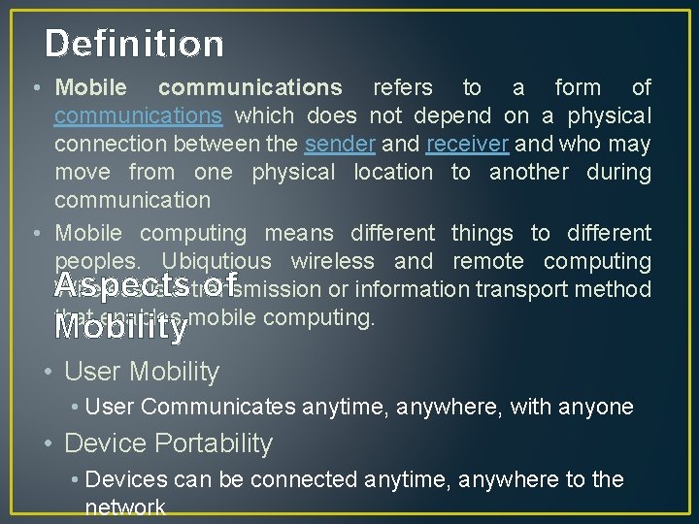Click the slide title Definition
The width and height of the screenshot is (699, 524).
click(x=134, y=44)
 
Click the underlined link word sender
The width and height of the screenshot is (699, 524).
click(x=339, y=144)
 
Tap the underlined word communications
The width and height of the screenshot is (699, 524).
click(x=139, y=115)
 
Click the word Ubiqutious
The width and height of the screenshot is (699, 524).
click(x=217, y=261)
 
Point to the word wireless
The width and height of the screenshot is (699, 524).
click(x=332, y=261)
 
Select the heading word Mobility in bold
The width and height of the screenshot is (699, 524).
click(x=120, y=327)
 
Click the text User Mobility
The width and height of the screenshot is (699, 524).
click(x=142, y=372)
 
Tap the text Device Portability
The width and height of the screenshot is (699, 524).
click(x=168, y=443)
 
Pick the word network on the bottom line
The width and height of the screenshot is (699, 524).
click(x=125, y=508)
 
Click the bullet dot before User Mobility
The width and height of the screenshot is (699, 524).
click(x=51, y=372)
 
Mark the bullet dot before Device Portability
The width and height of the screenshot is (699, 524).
click(x=51, y=443)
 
